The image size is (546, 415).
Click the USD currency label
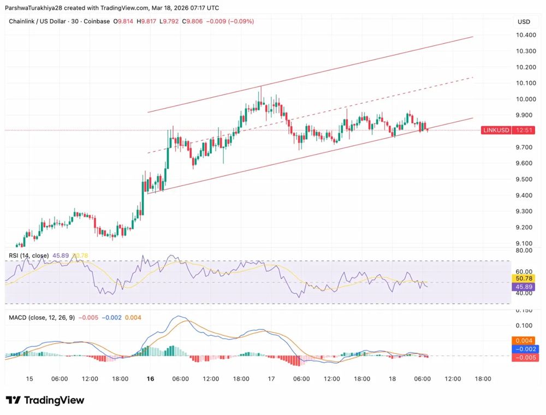pyautogui.click(x=524, y=22)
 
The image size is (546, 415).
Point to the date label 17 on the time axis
pyautogui.click(x=271, y=378)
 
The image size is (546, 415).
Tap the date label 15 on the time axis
pyautogui.click(x=29, y=378)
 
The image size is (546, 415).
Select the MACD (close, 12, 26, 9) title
pyautogui.click(x=41, y=317)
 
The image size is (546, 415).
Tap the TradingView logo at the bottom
pyautogui.click(x=46, y=400)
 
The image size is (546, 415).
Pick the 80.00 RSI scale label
pyautogui.click(x=524, y=251)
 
